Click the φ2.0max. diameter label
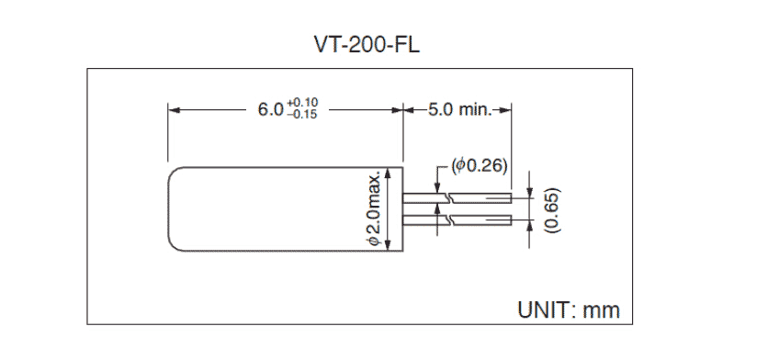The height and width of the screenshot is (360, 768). [374, 208]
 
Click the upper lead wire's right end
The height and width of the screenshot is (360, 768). [508, 196]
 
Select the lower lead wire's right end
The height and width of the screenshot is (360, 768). [508, 220]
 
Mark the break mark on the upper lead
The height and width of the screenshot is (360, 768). [446, 196]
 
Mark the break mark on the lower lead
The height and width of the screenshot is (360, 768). [446, 220]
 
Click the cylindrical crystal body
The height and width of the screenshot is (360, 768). [276, 208]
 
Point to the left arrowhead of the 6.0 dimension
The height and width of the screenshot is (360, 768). [172, 109]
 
